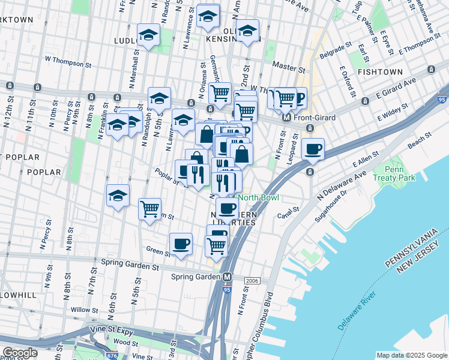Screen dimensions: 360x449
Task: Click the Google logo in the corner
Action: [x=20, y=353]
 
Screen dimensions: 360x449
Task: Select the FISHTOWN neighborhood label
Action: [x=380, y=72]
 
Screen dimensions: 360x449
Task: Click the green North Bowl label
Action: [x=259, y=198]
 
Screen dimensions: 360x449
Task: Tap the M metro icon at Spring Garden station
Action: [x=228, y=277]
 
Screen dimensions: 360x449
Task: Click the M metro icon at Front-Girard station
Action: [x=286, y=118]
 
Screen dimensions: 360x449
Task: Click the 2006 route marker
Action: [x=251, y=280]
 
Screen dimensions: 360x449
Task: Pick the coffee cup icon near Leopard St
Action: [x=313, y=149]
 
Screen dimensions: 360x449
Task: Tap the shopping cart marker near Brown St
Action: [x=149, y=209]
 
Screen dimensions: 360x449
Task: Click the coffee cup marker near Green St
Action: [x=181, y=244]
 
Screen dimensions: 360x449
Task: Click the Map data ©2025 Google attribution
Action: [x=411, y=355]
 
